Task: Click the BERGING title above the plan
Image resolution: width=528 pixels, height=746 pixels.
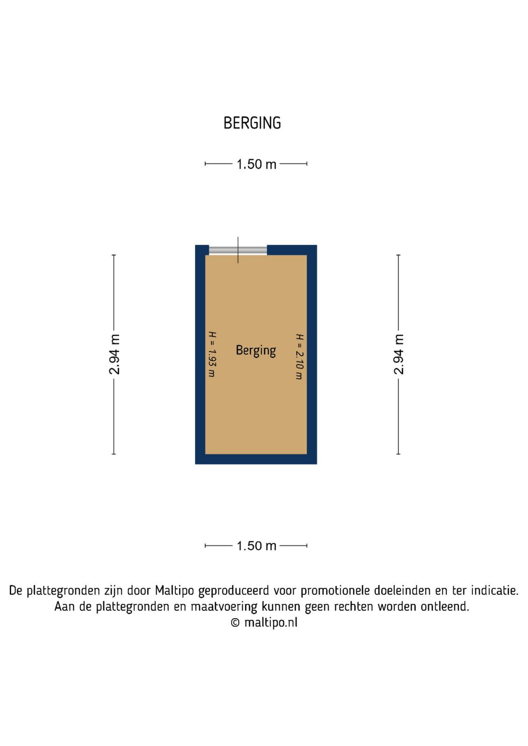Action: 252,123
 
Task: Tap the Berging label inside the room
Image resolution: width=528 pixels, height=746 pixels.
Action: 256,351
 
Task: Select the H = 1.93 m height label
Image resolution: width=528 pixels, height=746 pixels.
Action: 212,354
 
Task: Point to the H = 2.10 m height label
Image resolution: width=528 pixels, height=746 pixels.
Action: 299,357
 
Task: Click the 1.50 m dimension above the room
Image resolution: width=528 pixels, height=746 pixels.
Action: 256,164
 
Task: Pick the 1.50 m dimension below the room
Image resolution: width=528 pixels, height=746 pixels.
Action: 256,546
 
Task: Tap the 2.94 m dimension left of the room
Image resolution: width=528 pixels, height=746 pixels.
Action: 114,354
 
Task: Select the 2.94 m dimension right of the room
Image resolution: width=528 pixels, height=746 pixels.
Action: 398,354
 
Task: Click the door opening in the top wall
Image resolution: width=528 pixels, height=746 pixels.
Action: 238,251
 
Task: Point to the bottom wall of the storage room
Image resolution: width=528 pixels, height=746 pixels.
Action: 256,459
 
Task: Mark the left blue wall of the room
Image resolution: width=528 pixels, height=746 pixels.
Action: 200,354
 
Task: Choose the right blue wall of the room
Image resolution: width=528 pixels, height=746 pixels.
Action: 312,354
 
